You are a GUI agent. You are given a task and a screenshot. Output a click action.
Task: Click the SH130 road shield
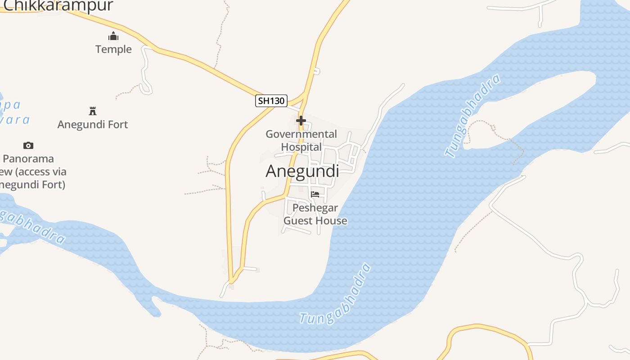point(271,101)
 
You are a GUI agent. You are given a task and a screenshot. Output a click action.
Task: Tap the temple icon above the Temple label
point(113,36)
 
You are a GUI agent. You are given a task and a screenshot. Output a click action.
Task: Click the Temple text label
point(113,49)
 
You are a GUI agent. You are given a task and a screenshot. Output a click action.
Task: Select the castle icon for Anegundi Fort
point(93,111)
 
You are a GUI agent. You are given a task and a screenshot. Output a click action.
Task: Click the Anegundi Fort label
point(93,124)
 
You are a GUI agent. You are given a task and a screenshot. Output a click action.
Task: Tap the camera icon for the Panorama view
point(28,145)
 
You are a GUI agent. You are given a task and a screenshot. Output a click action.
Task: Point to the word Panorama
point(28,158)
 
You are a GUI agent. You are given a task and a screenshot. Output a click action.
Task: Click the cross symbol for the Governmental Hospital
point(301,121)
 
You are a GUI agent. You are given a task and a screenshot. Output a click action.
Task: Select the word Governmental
point(301,134)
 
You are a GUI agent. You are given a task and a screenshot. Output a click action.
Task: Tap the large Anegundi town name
point(302,171)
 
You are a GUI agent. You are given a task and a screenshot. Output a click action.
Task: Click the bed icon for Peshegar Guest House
point(315,194)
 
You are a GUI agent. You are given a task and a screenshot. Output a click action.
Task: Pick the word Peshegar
point(315,207)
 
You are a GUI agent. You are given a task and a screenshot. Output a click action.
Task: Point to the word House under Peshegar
point(333,220)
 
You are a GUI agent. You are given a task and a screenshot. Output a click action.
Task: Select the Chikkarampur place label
point(58,5)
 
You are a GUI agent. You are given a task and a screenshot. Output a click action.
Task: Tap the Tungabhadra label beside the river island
point(472,116)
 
